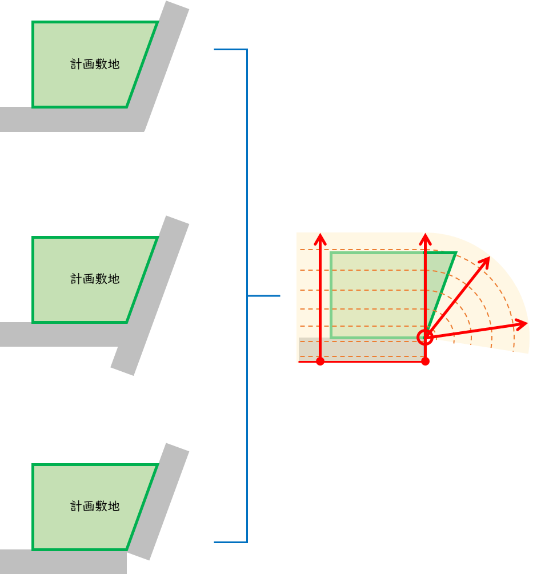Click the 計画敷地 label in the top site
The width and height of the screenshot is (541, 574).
[x=95, y=64]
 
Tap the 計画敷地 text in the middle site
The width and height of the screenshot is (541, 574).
[x=95, y=279]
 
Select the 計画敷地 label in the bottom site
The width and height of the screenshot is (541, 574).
[x=95, y=506]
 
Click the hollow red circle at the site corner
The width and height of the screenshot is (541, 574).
[x=425, y=337]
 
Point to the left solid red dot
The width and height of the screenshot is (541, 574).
[x=320, y=362]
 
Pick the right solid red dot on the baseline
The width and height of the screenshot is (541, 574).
[x=425, y=362]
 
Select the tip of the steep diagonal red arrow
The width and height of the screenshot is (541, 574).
[x=490, y=258]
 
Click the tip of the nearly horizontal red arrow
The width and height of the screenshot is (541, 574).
[x=527, y=323]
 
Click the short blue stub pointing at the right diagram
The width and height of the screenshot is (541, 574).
[x=263, y=296]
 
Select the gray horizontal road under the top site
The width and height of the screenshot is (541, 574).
[x=70, y=119]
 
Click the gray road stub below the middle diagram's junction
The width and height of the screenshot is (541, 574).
[x=125, y=360]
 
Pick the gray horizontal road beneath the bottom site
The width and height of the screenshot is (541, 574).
[x=63, y=561]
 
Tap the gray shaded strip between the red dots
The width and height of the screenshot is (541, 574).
[x=362, y=349]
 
